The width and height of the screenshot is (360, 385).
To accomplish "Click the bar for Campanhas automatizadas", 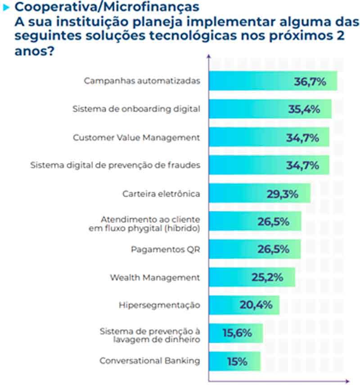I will (252, 81).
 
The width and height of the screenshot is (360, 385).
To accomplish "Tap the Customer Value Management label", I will (136, 137).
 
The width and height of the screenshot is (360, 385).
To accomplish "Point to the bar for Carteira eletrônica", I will (238, 193).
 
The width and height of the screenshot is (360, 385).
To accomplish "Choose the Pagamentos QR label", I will (165, 249).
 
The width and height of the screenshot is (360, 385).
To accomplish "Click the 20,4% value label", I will (256, 305).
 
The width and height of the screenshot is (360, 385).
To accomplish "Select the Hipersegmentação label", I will (159, 305).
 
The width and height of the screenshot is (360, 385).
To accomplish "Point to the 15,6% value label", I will (237, 333).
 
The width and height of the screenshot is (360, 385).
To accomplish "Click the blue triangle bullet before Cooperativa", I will (6, 8).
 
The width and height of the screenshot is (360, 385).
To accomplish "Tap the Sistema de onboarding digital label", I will (136, 109).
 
